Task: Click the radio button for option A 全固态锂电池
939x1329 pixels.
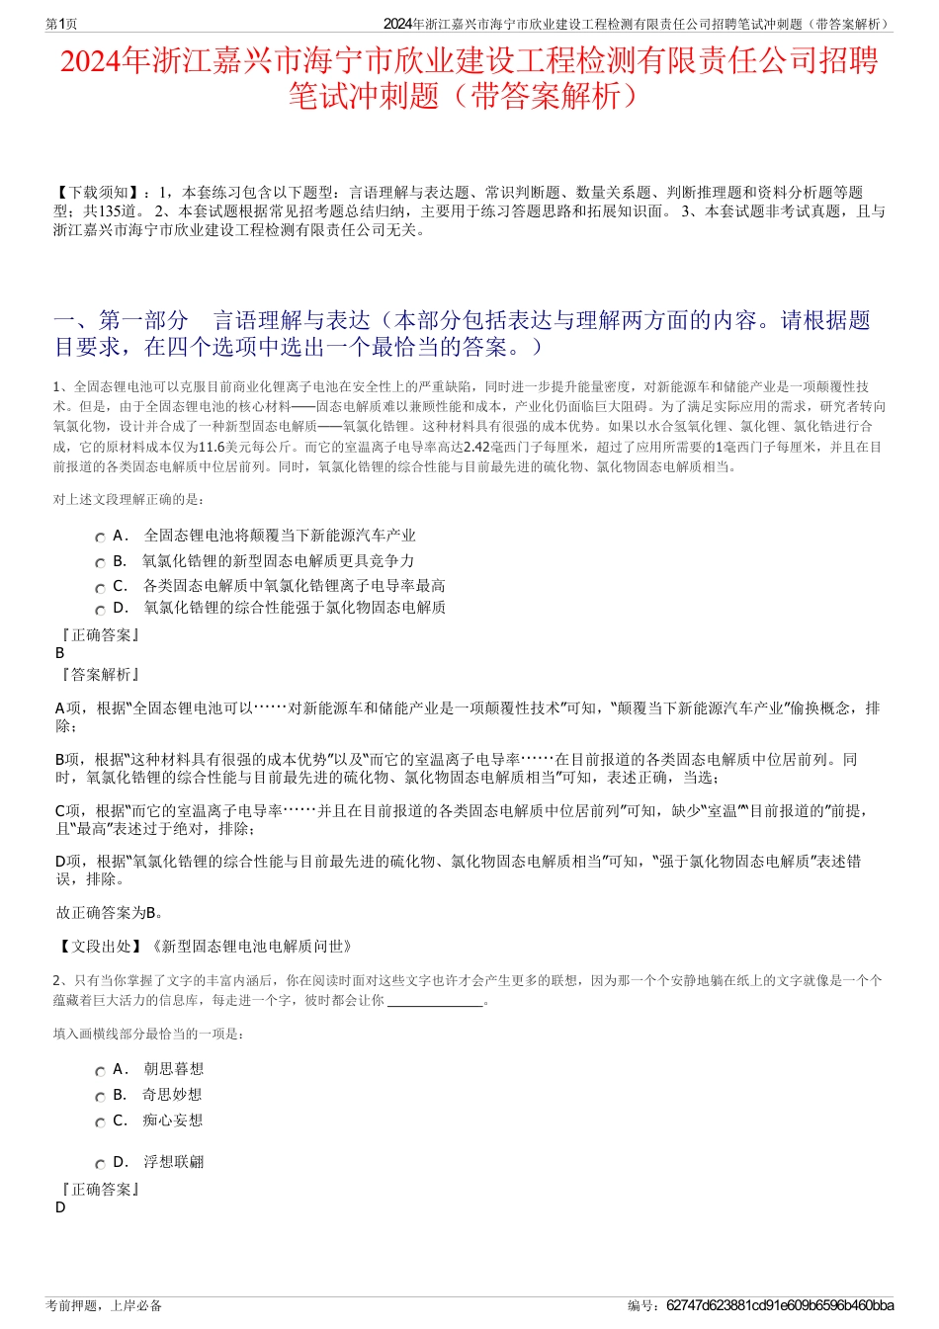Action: pos(100,538)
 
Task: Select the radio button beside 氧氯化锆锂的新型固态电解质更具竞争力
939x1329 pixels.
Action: pos(100,563)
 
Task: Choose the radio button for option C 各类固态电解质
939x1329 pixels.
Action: pos(100,588)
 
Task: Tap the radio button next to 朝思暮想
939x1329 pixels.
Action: pos(100,1071)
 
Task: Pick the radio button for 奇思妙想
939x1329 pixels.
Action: pos(100,1097)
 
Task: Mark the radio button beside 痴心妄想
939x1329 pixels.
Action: pos(100,1122)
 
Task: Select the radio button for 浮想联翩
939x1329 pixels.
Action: pos(100,1164)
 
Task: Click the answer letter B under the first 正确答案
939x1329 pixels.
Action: pos(60,653)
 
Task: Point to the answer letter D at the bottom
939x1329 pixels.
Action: pos(60,1207)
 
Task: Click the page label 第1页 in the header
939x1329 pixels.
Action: pos(62,24)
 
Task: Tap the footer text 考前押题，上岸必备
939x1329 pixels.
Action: pos(104,1305)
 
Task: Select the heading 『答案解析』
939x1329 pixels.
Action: pos(100,674)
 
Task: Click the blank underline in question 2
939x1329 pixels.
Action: pos(435,1001)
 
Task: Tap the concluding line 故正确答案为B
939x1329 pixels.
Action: pos(110,912)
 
